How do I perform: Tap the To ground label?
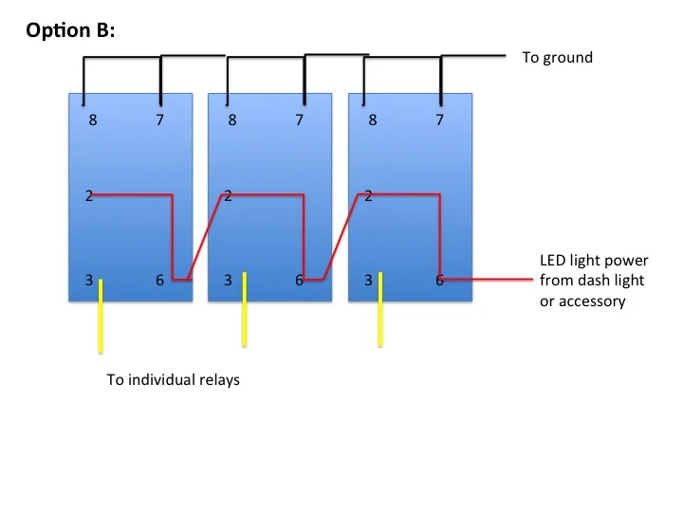coord(557,58)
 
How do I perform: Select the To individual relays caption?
coord(172,381)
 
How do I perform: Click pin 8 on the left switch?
coord(92,120)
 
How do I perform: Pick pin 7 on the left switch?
coord(159,120)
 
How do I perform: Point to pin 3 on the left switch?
coord(87,281)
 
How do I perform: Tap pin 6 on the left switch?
coord(158,281)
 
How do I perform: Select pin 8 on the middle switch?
coord(232,120)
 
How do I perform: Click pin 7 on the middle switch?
coord(300,120)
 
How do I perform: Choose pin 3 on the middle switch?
coord(229,281)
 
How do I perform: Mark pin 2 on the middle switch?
coord(229,197)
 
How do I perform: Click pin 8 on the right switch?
coord(373,120)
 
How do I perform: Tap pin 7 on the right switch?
coord(439,120)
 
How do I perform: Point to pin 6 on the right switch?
coord(439,281)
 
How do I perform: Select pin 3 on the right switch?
coord(368,281)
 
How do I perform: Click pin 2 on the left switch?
coord(87,197)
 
